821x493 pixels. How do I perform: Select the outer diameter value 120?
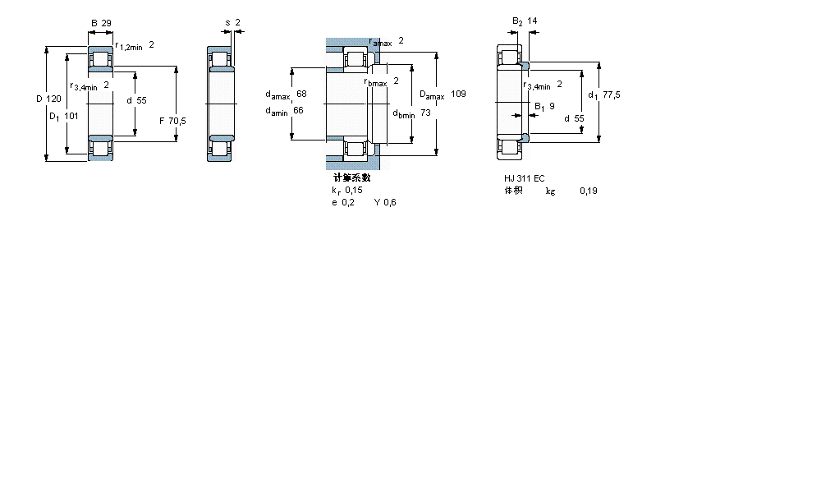(x=53, y=99)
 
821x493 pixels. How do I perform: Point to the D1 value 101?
(x=71, y=116)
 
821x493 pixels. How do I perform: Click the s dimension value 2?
(x=237, y=21)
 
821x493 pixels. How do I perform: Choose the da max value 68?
(x=301, y=94)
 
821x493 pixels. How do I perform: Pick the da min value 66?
(x=299, y=111)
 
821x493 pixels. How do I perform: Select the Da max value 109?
(x=458, y=94)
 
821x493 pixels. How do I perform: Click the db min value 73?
(x=425, y=113)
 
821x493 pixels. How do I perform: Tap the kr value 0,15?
(x=354, y=190)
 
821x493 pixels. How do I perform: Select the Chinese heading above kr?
(x=351, y=177)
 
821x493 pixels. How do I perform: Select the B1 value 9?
(x=552, y=106)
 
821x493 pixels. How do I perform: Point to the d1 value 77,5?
(x=611, y=94)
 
